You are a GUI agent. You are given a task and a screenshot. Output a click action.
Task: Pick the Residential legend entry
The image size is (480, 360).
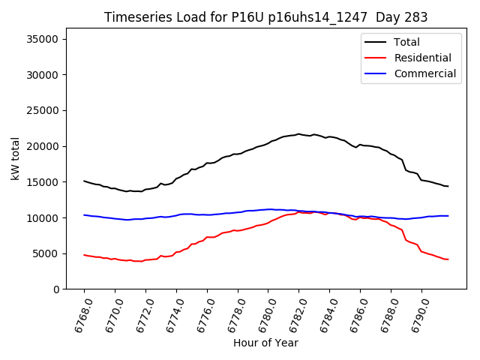422,58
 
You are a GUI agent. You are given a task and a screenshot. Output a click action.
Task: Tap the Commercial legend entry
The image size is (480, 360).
424,73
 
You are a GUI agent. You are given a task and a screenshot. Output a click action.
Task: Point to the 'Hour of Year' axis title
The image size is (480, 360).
265,343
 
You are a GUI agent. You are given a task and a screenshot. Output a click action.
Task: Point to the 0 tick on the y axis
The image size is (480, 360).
61,289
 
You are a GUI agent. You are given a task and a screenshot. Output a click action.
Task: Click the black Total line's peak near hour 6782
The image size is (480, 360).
298,134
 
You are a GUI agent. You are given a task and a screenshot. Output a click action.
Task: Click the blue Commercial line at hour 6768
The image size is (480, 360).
84,215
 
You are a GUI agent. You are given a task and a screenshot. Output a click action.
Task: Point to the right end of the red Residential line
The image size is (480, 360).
448,259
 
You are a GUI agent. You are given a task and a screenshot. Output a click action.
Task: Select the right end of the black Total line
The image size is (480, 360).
448,186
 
